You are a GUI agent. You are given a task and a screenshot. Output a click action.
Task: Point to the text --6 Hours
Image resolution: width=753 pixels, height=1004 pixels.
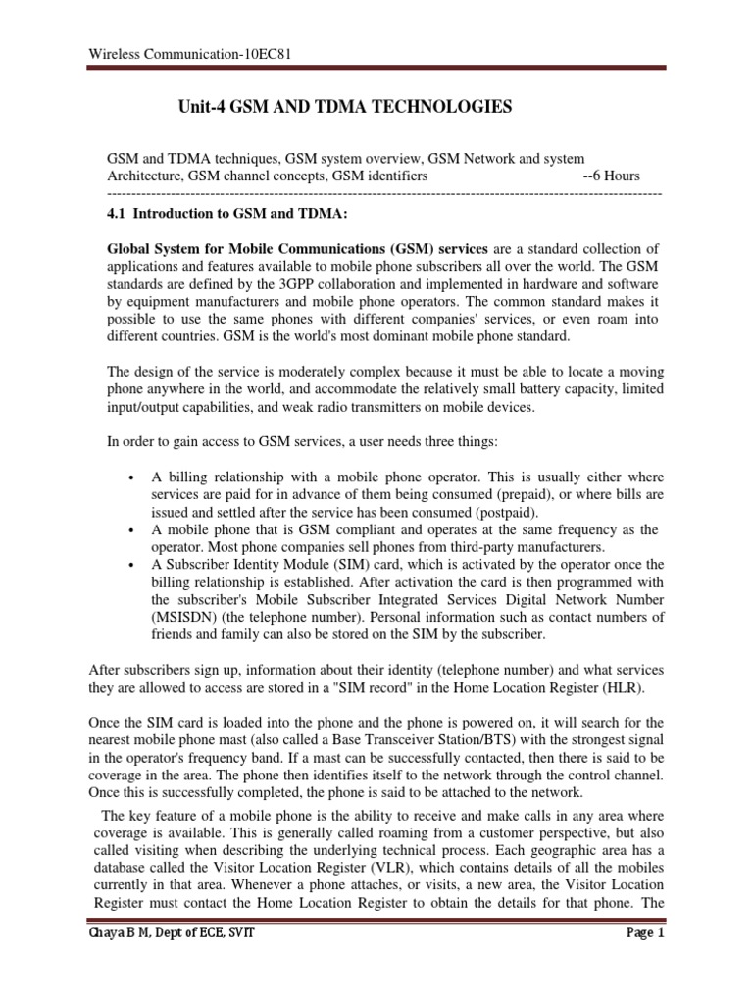(611, 176)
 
